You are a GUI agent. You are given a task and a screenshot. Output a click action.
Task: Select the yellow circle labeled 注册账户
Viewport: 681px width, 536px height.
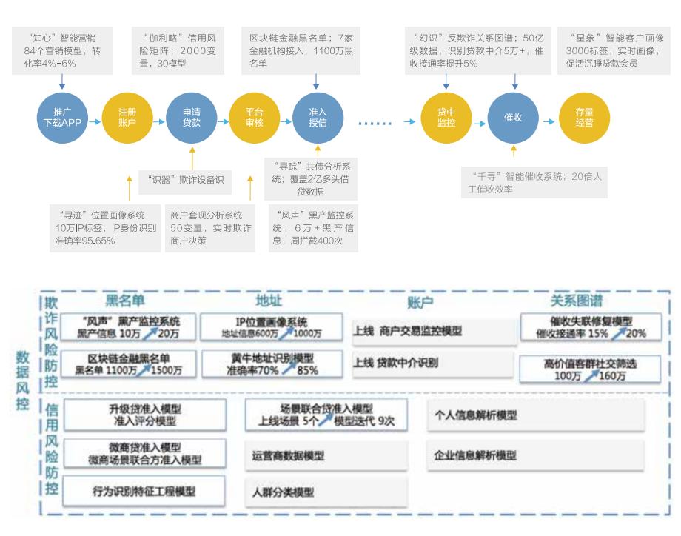127,117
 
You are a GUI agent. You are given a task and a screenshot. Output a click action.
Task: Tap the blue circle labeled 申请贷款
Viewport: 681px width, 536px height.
191,117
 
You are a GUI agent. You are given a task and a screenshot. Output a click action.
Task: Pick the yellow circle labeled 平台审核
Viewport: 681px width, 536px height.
254,117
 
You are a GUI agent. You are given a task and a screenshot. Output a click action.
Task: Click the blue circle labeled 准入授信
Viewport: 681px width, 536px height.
318,117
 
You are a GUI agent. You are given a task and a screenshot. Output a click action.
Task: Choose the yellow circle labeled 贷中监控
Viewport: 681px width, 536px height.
446,117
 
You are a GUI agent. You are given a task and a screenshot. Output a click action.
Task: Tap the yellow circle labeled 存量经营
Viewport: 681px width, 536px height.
584,117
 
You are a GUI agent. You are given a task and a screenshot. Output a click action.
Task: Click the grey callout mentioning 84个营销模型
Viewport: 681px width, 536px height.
62,50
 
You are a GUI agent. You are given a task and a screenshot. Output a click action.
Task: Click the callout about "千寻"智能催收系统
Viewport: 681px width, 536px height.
533,183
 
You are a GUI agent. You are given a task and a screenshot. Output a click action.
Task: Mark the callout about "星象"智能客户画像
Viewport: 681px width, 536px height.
614,50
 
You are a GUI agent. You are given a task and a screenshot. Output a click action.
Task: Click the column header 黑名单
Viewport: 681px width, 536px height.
124,301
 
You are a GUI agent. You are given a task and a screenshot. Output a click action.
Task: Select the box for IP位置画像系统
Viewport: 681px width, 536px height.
272,326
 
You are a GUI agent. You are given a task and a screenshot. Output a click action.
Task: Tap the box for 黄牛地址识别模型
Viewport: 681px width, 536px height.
272,364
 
